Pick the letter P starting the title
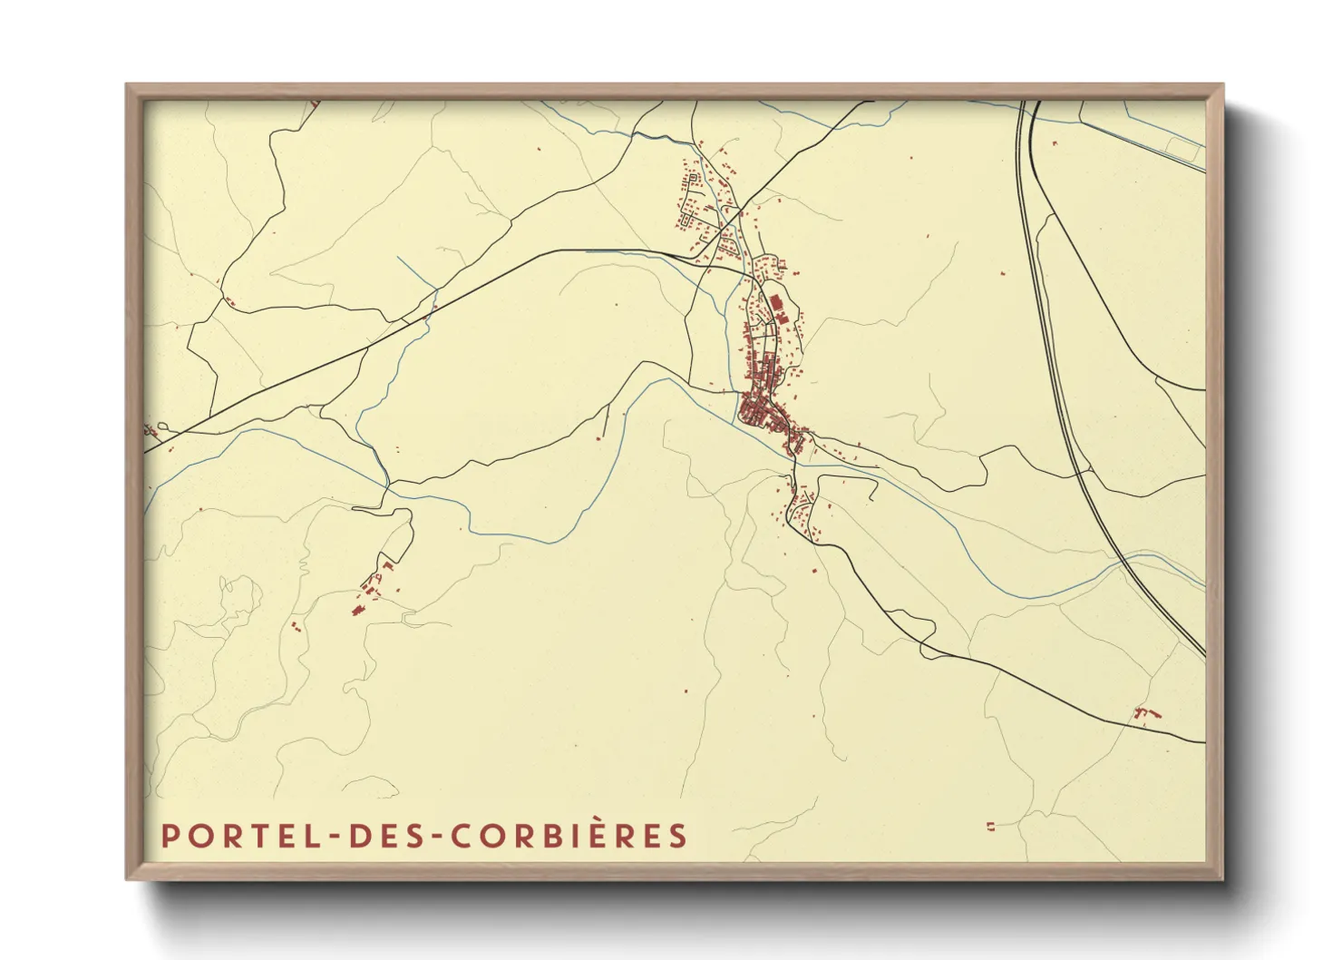tap(169, 836)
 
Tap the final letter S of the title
tap(679, 836)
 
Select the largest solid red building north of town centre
tap(775, 303)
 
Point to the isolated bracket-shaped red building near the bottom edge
tap(990, 826)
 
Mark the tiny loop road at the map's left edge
tap(160, 426)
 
